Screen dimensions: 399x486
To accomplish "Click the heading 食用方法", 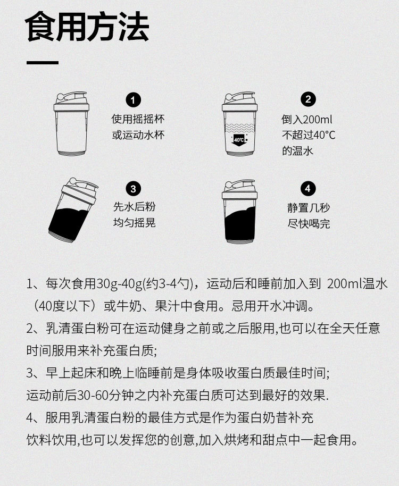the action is coord(87,27).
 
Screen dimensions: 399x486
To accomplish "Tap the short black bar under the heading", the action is coord(43,63).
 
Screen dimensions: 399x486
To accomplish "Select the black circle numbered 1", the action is coord(134,100).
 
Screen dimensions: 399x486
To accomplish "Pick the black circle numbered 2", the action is coord(308,99).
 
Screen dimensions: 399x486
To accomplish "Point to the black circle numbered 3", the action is coord(134,189).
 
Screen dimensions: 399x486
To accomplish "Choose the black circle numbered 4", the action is coord(307,188).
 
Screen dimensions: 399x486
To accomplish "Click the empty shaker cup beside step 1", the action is coord(71,123).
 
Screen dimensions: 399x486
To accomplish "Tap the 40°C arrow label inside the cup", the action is coord(239,140).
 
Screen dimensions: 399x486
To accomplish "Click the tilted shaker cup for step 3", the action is coord(73,210).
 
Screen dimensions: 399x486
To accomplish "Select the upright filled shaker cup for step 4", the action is coord(239,212).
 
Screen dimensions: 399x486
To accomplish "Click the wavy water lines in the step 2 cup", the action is coord(239,128).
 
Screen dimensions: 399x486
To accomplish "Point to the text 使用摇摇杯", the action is coord(138,119).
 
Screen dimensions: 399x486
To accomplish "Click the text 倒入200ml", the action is coord(307,119).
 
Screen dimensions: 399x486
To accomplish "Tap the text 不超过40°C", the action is coord(309,135).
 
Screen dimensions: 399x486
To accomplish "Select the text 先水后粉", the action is coord(134,207).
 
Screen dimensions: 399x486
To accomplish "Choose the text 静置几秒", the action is coord(309,208).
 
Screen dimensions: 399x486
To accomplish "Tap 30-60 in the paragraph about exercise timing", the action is coord(89,395).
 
